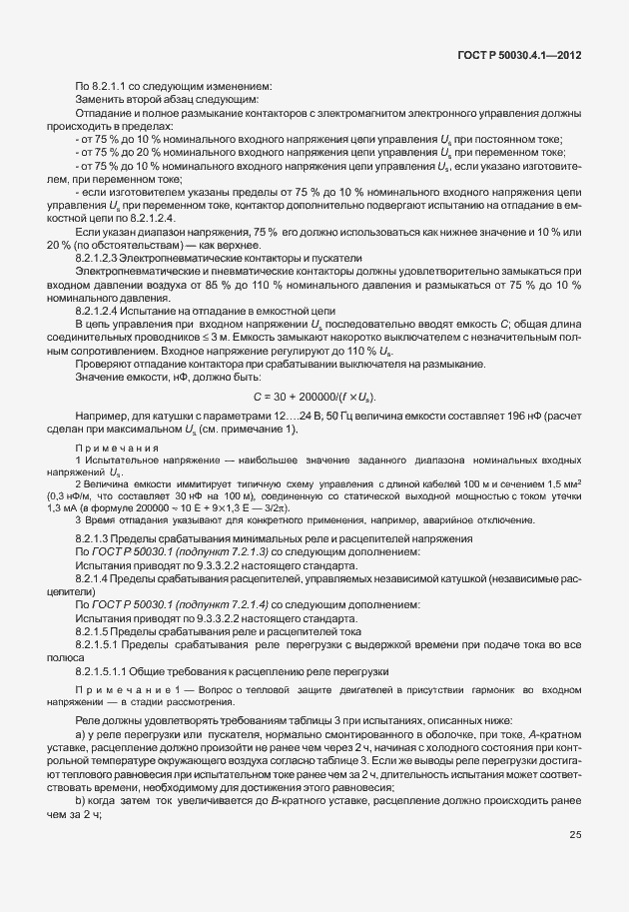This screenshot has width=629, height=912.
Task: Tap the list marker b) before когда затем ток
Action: (81, 801)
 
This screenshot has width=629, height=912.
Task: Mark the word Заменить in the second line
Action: (98, 98)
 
